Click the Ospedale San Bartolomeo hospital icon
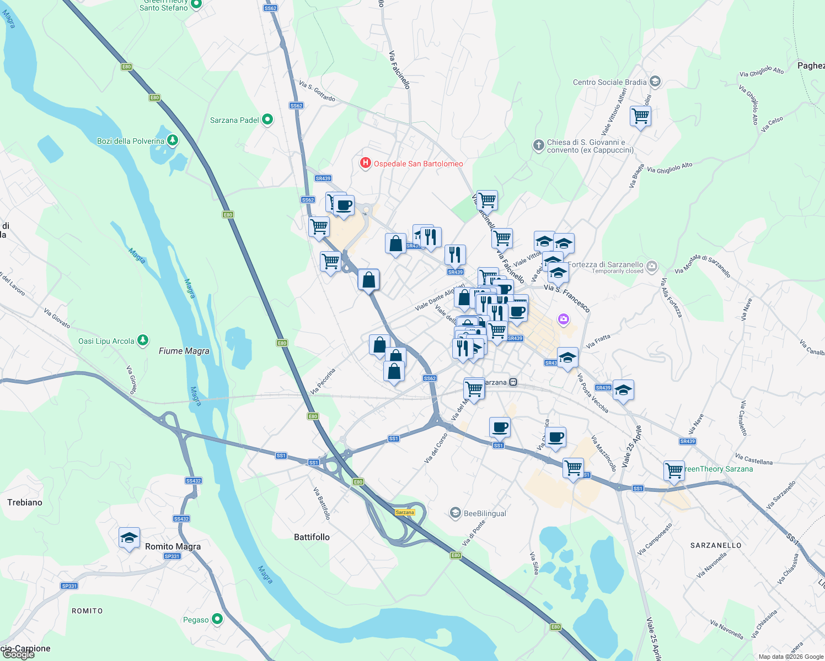pos(365,163)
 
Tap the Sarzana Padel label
pos(234,120)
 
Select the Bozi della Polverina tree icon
pos(173,141)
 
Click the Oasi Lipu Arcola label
pos(106,341)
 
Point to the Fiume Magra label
pos(184,351)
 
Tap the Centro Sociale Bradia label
pos(609,82)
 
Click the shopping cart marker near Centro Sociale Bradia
pos(640,116)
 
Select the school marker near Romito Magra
pos(129,538)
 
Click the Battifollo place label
pos(312,537)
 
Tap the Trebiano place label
pos(25,502)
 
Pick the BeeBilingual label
pos(485,513)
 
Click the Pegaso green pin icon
pos(217,619)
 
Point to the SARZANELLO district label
pos(716,545)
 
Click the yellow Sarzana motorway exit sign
pos(405,512)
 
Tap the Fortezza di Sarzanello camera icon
pos(651,267)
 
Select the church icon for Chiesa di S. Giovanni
pos(538,145)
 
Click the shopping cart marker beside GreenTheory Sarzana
pos(674,471)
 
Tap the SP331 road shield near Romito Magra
pos(172,556)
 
